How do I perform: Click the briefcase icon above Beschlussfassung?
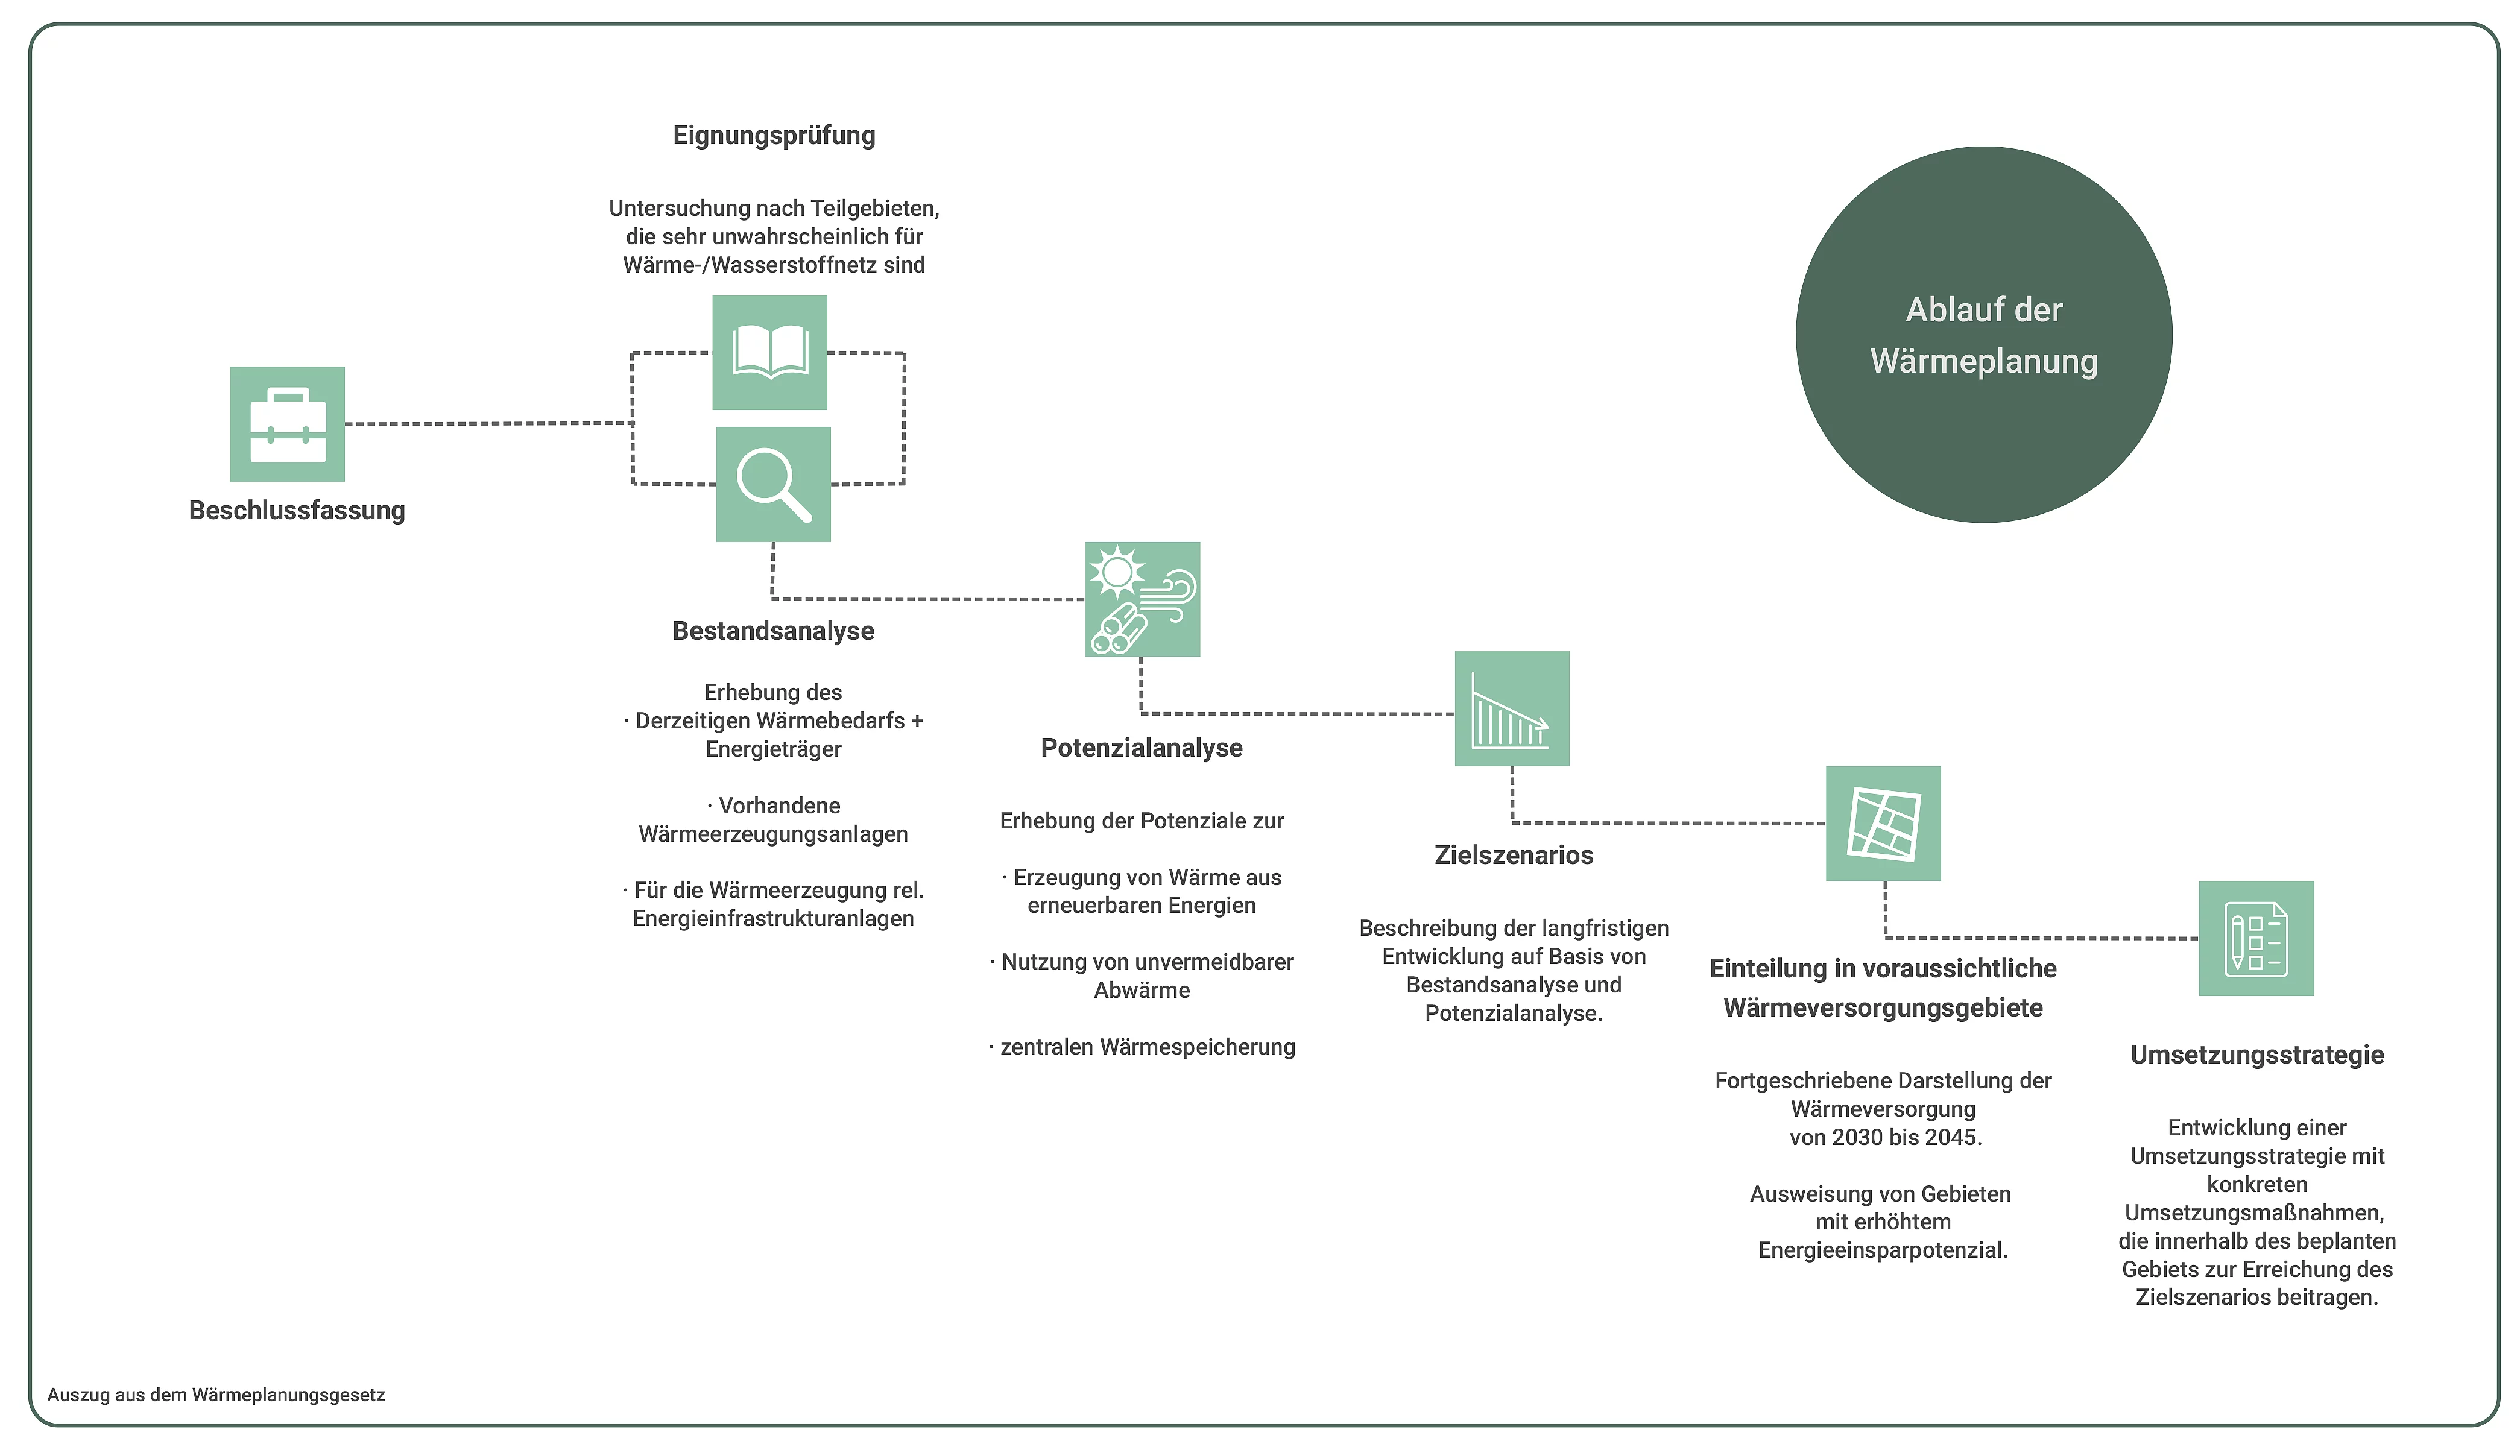click(287, 424)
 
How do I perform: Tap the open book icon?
click(769, 352)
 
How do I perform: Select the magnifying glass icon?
click(773, 484)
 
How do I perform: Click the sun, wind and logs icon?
click(1142, 599)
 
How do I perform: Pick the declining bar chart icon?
click(1511, 708)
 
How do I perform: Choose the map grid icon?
click(1883, 824)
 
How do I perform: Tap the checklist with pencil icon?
click(2256, 938)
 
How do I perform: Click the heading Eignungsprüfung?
click(774, 136)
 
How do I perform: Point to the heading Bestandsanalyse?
click(773, 631)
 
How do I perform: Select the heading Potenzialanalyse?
click(1141, 748)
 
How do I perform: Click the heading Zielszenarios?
click(1514, 855)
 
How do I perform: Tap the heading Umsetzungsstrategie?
click(2256, 1055)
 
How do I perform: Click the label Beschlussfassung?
click(297, 511)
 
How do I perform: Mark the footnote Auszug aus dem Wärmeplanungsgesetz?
click(216, 1395)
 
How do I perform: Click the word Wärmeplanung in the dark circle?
click(1983, 361)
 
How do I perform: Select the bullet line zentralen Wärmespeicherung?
click(1147, 1047)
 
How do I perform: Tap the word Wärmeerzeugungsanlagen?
click(773, 834)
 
